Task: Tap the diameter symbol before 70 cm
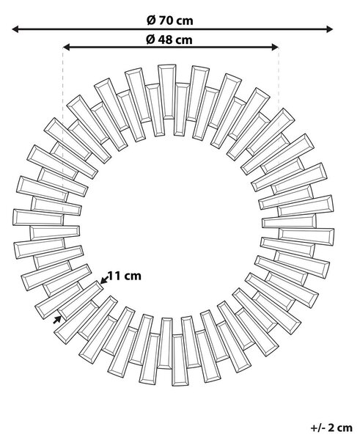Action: tap(151, 21)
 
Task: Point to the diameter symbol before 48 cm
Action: tap(150, 40)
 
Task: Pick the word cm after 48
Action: tap(185, 40)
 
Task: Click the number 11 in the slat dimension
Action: tap(114, 276)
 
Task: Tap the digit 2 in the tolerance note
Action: tap(331, 428)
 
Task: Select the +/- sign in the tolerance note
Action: tap(318, 428)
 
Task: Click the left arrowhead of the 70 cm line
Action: tap(15, 29)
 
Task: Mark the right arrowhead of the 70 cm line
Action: tap(329, 29)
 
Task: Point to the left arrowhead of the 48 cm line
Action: tap(67, 47)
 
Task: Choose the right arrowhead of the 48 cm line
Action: tap(275, 47)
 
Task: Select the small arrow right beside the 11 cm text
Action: tap(104, 280)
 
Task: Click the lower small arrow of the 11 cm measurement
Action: tap(57, 319)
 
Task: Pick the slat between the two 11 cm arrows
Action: tap(81, 300)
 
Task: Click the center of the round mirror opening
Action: tap(172, 226)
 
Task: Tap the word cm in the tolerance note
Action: tap(345, 428)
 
